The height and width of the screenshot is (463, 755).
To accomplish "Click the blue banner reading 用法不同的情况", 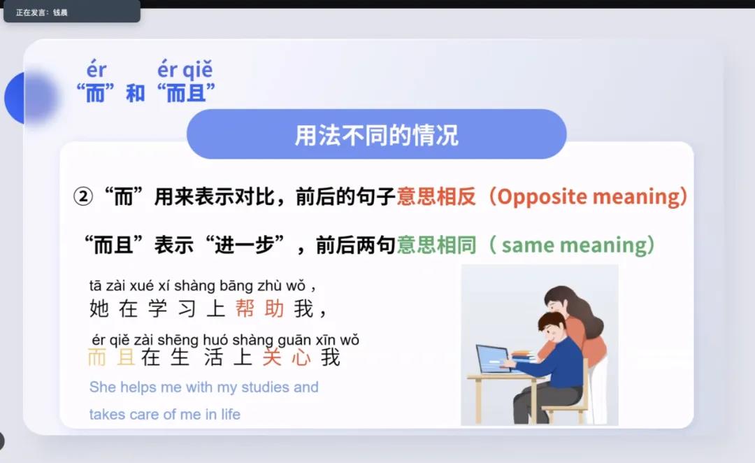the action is pyautogui.click(x=377, y=134).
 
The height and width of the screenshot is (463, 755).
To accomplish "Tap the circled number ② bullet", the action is pyautogui.click(x=82, y=197).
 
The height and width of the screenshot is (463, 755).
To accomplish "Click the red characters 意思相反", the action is pyautogui.click(x=436, y=197).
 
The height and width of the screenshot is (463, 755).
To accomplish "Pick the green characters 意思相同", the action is pyautogui.click(x=436, y=245).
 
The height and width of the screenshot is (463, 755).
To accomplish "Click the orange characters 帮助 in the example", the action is pyautogui.click(x=259, y=308).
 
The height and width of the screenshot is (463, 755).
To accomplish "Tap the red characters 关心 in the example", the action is pyautogui.click(x=287, y=357).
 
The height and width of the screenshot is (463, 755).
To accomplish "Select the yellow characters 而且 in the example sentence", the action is pyautogui.click(x=111, y=357).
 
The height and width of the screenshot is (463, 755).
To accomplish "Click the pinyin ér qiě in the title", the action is pyautogui.click(x=185, y=71).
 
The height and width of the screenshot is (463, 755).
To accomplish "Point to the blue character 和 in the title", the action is pyautogui.click(x=136, y=92).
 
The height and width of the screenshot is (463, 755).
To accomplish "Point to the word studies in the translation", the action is pyautogui.click(x=264, y=387).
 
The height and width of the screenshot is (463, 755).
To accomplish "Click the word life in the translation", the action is pyautogui.click(x=231, y=414).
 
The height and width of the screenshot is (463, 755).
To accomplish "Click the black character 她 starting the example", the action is pyautogui.click(x=99, y=308).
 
